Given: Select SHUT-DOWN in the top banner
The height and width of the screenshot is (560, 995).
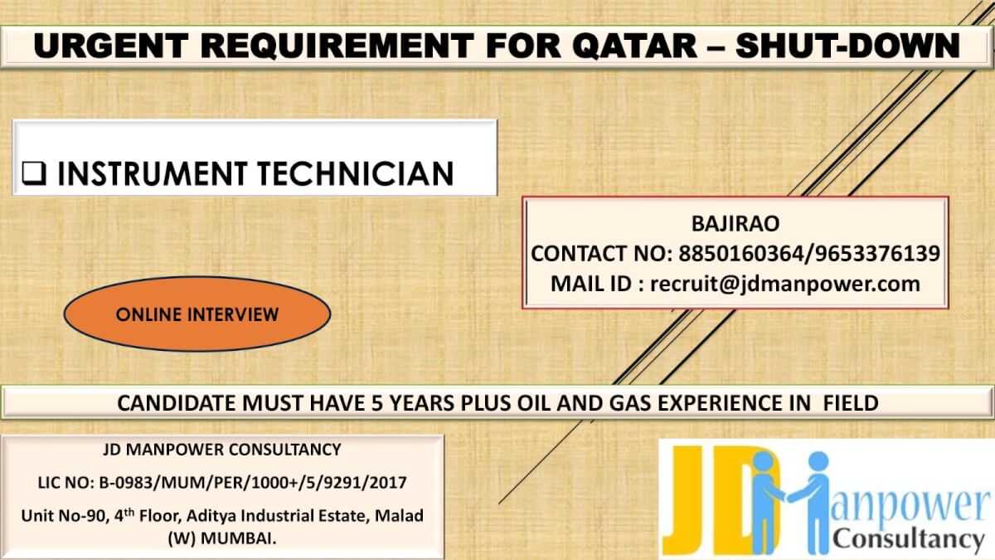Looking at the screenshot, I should point(847,46).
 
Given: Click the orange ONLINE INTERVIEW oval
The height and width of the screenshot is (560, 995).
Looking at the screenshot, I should point(197,314).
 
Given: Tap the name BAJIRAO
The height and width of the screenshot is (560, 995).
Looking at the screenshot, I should point(735,224).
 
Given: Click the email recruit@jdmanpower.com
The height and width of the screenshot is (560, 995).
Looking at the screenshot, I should point(785,283).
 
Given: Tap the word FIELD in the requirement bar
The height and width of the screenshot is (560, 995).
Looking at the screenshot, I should point(850,403).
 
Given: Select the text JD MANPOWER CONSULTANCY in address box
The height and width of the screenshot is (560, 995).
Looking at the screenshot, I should point(221,450).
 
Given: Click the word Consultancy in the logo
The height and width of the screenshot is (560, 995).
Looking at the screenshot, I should point(908,540).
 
